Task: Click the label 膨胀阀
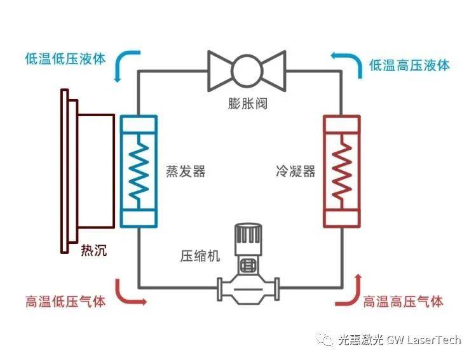pyautogui.click(x=247, y=103)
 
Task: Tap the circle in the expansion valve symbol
pyautogui.click(x=247, y=70)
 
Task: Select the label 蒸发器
pyautogui.click(x=186, y=171)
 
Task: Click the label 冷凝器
pyautogui.click(x=295, y=171)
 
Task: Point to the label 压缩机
pyautogui.click(x=200, y=257)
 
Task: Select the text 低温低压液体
pyautogui.click(x=65, y=58)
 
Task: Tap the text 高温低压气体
pyautogui.click(x=65, y=301)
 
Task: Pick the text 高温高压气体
pyautogui.click(x=403, y=301)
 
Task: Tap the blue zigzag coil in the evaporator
pyautogui.click(x=139, y=170)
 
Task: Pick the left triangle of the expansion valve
pyautogui.click(x=219, y=70)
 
